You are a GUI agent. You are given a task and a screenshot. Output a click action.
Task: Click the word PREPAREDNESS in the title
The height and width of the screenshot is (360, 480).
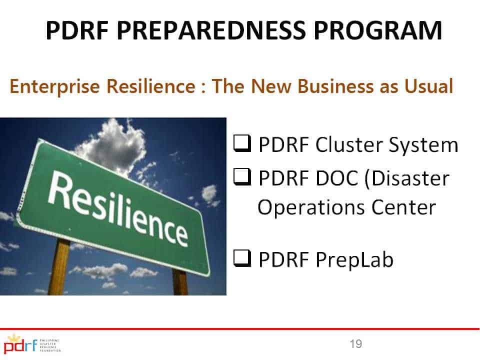pyautogui.click(x=211, y=30)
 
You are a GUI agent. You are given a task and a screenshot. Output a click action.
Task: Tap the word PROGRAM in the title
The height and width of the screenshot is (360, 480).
pyautogui.click(x=378, y=30)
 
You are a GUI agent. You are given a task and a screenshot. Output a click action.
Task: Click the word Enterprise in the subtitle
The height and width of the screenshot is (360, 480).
pyautogui.click(x=55, y=86)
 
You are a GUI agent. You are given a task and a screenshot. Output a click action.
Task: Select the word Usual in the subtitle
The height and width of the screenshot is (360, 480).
pyautogui.click(x=428, y=86)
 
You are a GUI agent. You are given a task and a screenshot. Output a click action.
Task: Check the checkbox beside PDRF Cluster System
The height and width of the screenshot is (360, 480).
pyautogui.click(x=242, y=143)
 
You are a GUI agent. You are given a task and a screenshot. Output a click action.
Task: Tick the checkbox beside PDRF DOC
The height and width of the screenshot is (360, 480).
pyautogui.click(x=242, y=177)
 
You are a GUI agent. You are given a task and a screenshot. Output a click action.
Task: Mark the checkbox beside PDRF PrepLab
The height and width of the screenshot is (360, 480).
pyautogui.click(x=242, y=258)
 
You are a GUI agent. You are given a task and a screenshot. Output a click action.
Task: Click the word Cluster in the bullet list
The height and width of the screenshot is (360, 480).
pyautogui.click(x=349, y=144)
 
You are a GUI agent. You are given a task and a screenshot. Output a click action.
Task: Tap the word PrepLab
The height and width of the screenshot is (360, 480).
pyautogui.click(x=354, y=260)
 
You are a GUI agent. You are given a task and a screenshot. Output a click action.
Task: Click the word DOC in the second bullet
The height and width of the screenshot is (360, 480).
pyautogui.click(x=336, y=178)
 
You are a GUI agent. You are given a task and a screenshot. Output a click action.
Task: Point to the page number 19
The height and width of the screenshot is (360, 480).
pyautogui.click(x=355, y=344)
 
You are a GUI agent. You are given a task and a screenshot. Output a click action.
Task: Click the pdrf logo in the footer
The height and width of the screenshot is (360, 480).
pyautogui.click(x=32, y=344)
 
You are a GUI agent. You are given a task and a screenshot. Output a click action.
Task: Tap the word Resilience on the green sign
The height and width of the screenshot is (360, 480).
pyautogui.click(x=118, y=208)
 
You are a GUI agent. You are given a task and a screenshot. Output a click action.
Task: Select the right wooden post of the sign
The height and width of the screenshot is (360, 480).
pyautogui.click(x=180, y=282)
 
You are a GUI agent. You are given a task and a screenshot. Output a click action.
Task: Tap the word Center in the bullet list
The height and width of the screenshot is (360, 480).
pyautogui.click(x=403, y=207)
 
